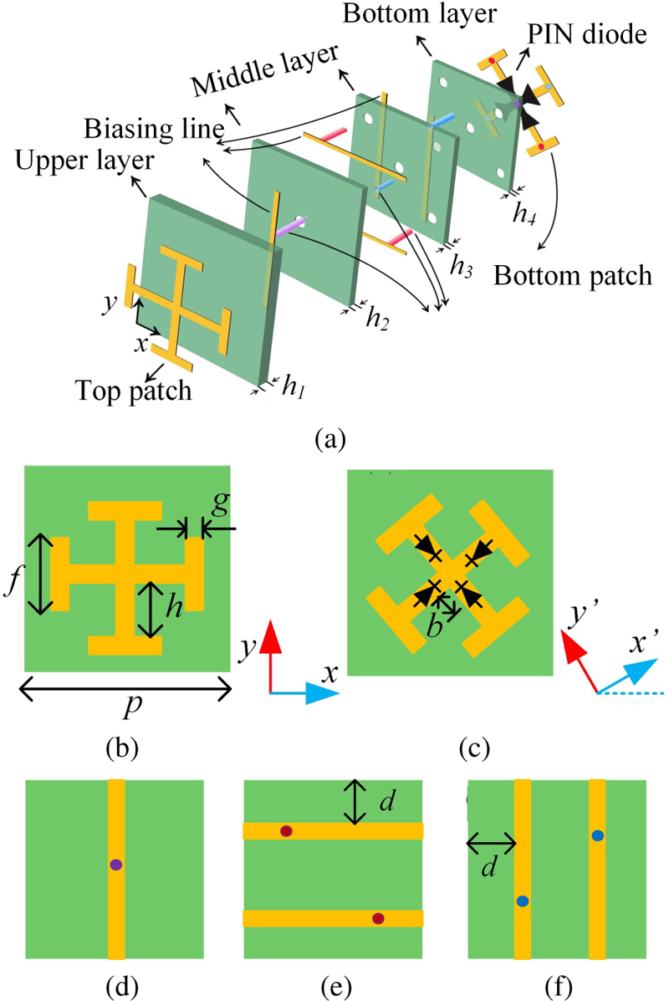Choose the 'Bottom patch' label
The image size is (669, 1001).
pyautogui.click(x=573, y=274)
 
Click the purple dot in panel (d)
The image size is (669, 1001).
pyautogui.click(x=116, y=866)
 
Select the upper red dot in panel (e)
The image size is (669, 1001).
pyautogui.click(x=287, y=830)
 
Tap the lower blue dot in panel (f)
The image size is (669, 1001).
pyautogui.click(x=523, y=901)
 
